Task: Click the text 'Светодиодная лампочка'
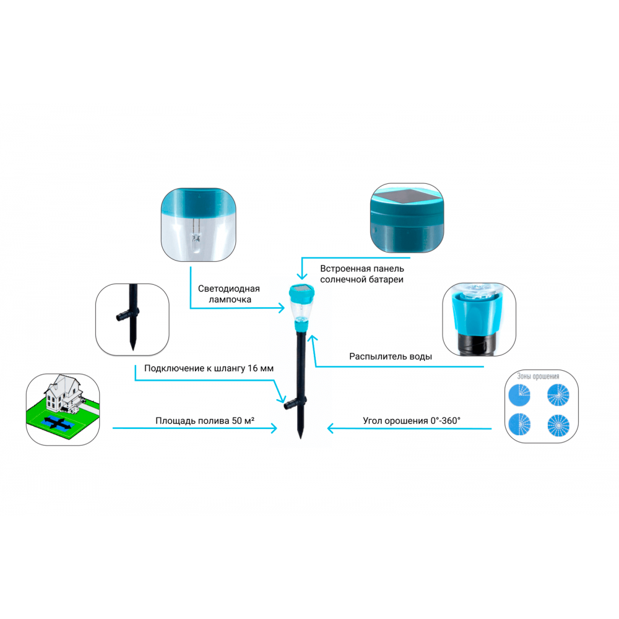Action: pos(228,293)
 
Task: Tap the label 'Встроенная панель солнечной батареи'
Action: pos(362,274)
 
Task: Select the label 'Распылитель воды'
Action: pos(391,357)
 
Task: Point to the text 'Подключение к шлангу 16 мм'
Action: pos(209,368)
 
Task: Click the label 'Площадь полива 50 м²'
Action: pos(204,420)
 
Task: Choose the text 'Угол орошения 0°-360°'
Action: pos(412,420)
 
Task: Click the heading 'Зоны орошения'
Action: pos(538,376)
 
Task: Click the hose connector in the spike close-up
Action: pos(127,314)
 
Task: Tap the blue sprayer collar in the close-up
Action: pos(479,314)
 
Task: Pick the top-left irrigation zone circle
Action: pos(519,395)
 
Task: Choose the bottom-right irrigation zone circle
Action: pos(558,426)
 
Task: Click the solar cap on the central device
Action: pos(301,292)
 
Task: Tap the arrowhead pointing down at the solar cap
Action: pos(302,275)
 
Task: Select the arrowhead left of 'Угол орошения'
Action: pos(331,428)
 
